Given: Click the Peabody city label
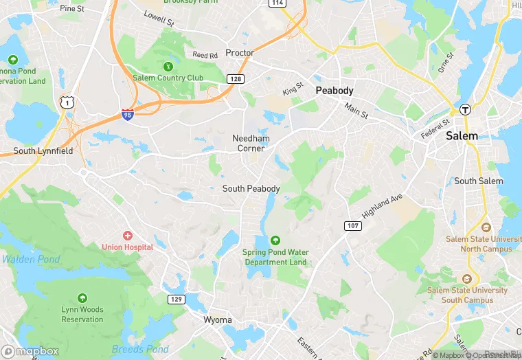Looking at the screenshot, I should tap(334, 91).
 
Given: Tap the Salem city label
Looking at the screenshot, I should tap(462, 136).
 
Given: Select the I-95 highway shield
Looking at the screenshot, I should tap(128, 115).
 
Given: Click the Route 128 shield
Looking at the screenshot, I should tap(236, 80).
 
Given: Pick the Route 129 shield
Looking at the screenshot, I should tap(176, 299).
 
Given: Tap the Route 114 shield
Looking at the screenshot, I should tap(277, 3).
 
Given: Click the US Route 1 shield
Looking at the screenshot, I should tap(67, 102).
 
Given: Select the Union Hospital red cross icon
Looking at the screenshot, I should tap(127, 236).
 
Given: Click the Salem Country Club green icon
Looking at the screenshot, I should tap(168, 66).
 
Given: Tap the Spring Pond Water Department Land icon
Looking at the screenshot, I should tap(275, 240).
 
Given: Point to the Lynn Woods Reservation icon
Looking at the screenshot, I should tap(82, 298).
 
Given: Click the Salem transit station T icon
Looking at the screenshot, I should tap(465, 109).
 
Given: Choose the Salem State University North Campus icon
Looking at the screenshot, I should tap(486, 227).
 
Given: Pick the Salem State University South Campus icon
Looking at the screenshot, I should tap(467, 279).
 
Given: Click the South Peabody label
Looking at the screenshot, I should tap(251, 188).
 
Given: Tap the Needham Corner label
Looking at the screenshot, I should tap(250, 143).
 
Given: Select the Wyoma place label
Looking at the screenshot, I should tap(218, 319).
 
